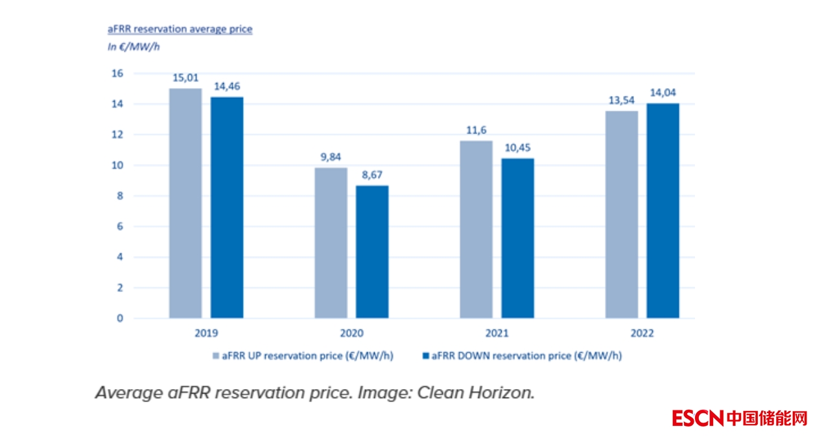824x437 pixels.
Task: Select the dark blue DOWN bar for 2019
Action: [x=227, y=207]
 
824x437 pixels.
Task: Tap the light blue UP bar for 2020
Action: [x=331, y=243]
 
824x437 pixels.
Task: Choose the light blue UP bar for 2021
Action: [x=476, y=230]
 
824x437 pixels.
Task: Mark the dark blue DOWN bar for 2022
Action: [x=663, y=211]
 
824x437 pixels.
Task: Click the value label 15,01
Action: [x=185, y=78]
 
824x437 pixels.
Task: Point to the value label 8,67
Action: [x=372, y=175]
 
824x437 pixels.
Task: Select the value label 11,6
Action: [x=476, y=130]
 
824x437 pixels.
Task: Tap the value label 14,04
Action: [x=663, y=93]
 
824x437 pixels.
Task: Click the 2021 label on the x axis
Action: [x=497, y=333]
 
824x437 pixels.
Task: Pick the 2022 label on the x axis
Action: [x=642, y=333]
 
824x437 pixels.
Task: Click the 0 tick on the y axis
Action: [x=119, y=318]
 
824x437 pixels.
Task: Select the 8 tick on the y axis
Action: [x=119, y=196]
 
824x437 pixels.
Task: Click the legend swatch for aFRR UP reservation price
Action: [x=216, y=356]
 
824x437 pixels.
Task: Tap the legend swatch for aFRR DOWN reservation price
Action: [x=426, y=356]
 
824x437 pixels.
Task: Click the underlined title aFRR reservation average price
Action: [x=180, y=30]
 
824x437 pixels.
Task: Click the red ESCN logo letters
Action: [x=697, y=418]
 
